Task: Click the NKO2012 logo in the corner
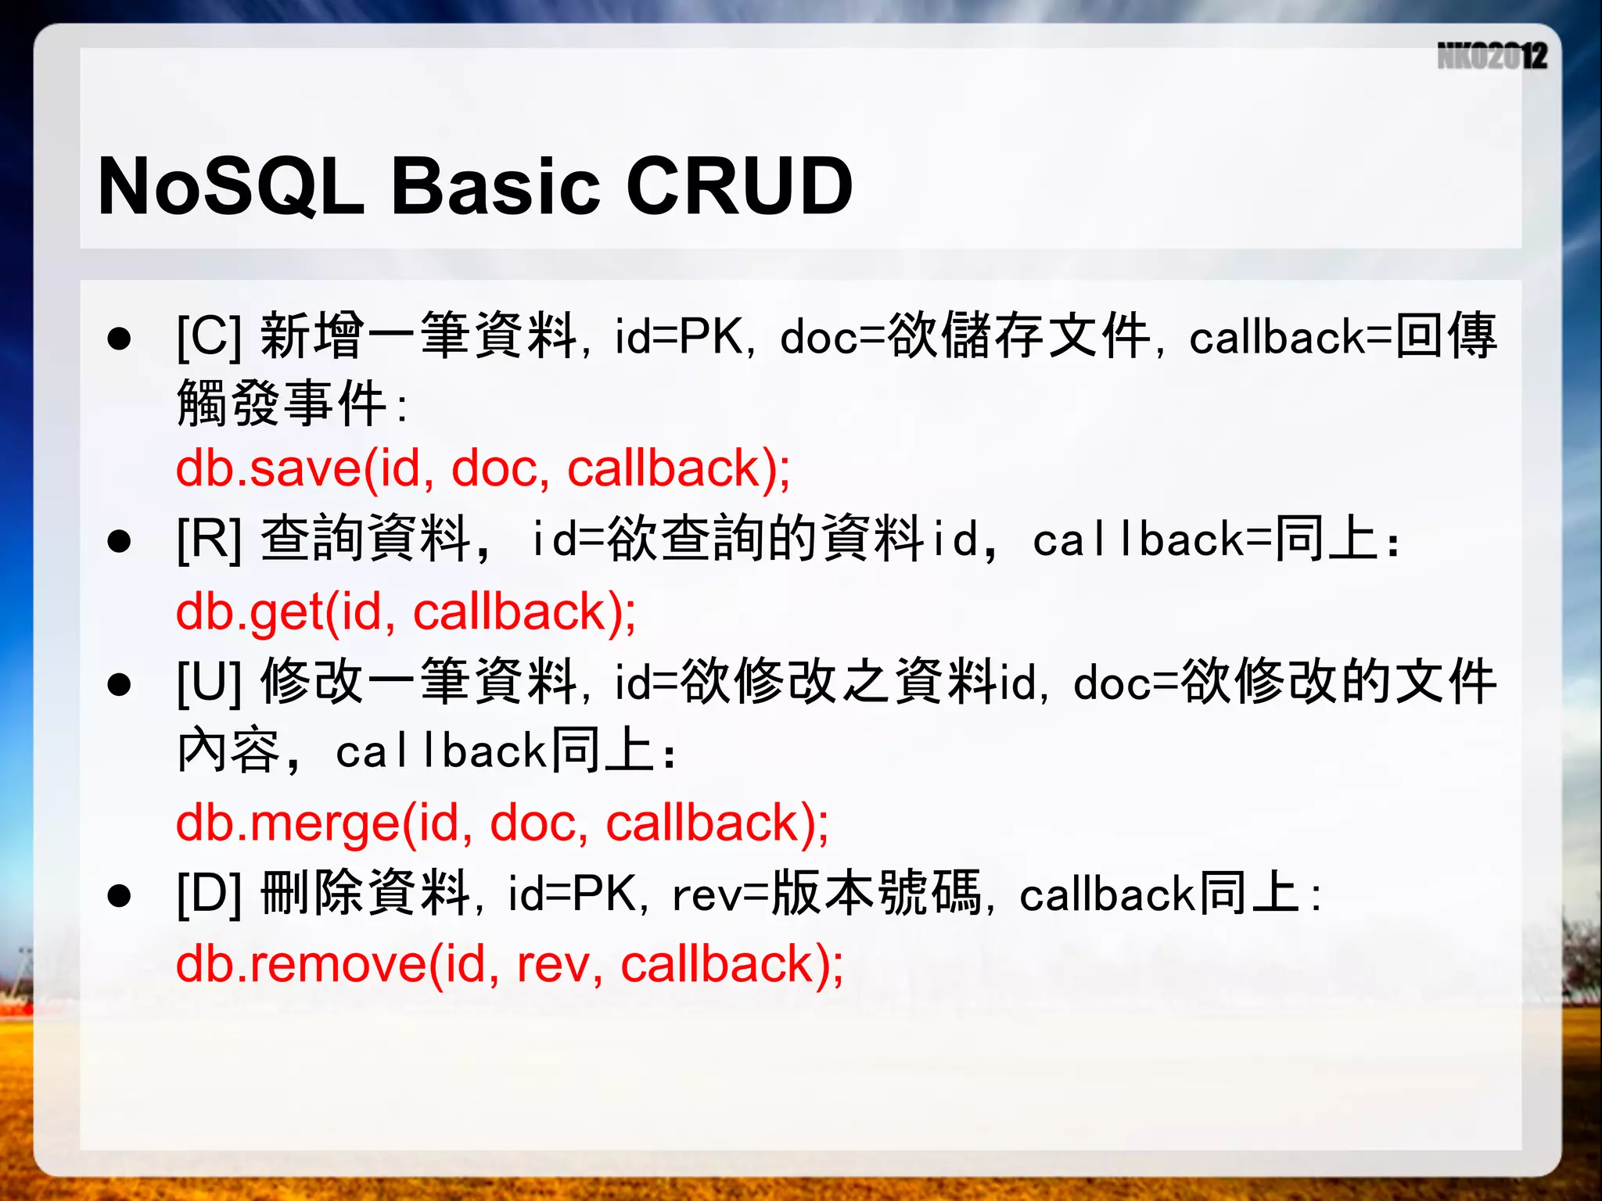pyautogui.click(x=1492, y=56)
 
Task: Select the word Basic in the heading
pyautogui.click(x=495, y=186)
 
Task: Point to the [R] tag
pyautogui.click(x=209, y=540)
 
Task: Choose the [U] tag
pyautogui.click(x=209, y=683)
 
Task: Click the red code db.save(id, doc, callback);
pyautogui.click(x=483, y=469)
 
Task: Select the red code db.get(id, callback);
pyautogui.click(x=406, y=611)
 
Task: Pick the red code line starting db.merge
pyautogui.click(x=502, y=823)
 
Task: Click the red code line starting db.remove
pyautogui.click(x=509, y=964)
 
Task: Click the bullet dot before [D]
pyautogui.click(x=119, y=896)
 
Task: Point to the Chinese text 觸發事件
pyautogui.click(x=282, y=404)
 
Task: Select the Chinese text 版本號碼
pyautogui.click(x=877, y=893)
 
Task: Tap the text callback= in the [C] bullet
pyautogui.click(x=1291, y=338)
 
